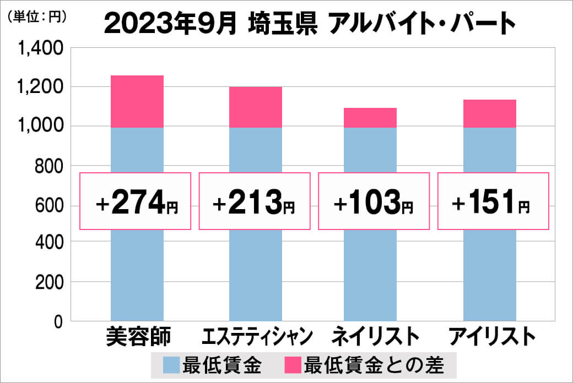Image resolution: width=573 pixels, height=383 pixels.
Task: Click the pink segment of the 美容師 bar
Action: pos(137,101)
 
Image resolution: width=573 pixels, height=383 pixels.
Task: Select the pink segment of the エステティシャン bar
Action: pos(256,107)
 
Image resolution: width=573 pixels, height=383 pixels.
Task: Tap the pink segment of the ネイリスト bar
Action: pos(370,117)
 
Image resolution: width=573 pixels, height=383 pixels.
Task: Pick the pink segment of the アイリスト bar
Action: pos(490,113)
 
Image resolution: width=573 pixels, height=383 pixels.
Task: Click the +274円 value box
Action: pos(136,201)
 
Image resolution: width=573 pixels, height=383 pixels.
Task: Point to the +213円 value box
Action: pos(255,201)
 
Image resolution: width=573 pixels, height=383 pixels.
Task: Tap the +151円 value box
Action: pos(493,201)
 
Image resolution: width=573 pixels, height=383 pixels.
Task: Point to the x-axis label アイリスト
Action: pos(492,336)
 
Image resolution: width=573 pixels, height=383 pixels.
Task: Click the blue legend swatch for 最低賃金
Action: pos(171,365)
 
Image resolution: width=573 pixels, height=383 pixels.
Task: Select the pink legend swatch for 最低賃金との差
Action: pos(293,365)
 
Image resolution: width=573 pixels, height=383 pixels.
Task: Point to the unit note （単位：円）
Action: pos(37,17)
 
